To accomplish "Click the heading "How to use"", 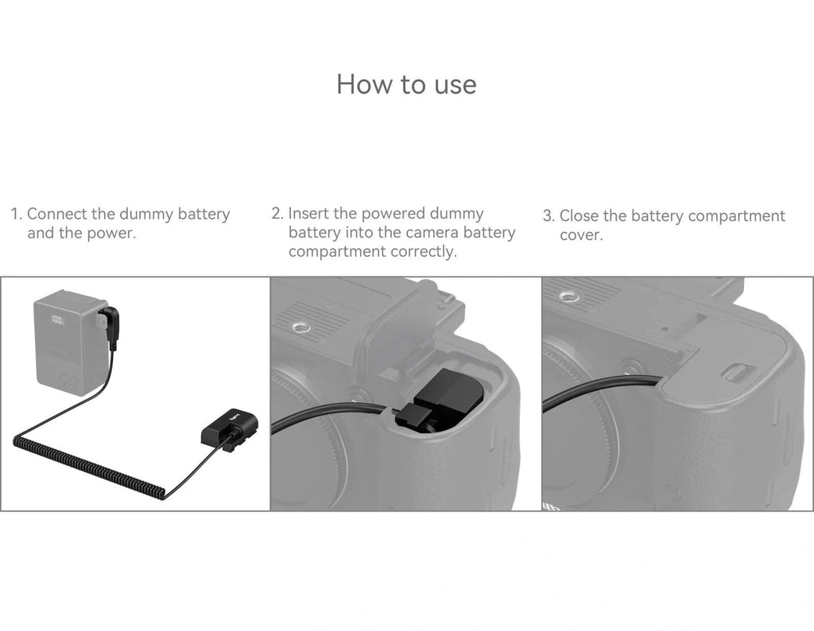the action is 406,84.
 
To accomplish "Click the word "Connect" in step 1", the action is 57,214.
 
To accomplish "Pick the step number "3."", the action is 548,216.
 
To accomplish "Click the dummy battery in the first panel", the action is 229,428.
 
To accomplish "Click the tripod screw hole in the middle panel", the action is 299,327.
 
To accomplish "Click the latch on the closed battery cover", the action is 734,372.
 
